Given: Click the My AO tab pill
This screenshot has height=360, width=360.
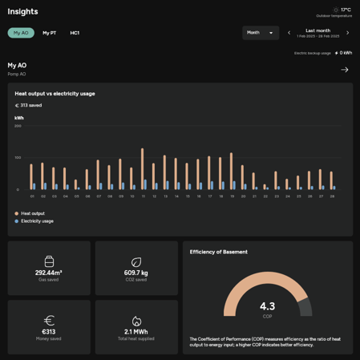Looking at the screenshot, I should (21, 33).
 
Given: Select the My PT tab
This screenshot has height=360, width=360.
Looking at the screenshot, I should (50, 33).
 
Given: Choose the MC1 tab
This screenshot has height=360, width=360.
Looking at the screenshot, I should (75, 33).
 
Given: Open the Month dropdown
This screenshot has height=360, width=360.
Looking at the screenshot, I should (260, 33).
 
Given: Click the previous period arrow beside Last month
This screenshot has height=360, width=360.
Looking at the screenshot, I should (289, 33).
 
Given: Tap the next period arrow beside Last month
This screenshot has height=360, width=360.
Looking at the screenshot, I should (347, 33).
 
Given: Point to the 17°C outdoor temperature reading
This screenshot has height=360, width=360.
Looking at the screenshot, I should (346, 10).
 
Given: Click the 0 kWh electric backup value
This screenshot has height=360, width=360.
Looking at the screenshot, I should (345, 53).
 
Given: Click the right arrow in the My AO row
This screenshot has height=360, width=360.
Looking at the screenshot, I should (345, 70).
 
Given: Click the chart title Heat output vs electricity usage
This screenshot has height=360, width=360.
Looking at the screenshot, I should (55, 94).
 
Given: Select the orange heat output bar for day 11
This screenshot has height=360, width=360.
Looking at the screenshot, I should (142, 168).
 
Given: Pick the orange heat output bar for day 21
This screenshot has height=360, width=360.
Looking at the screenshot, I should (253, 181).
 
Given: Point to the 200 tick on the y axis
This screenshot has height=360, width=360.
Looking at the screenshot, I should (18, 126).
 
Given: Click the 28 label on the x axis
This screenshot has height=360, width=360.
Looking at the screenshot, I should (331, 196).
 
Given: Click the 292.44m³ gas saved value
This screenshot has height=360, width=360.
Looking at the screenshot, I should (48, 273).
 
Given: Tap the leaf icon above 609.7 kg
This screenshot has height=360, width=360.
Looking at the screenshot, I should (136, 262).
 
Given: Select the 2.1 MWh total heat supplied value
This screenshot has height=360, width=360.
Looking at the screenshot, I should (136, 331).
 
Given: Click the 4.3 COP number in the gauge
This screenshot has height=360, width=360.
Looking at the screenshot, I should (267, 306).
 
